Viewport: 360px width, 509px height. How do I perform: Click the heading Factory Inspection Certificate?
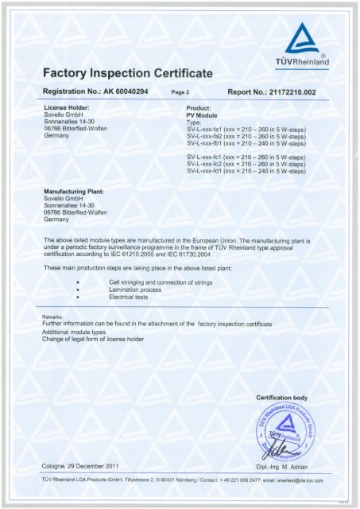(128, 74)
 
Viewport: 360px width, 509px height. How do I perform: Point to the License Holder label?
(72, 107)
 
